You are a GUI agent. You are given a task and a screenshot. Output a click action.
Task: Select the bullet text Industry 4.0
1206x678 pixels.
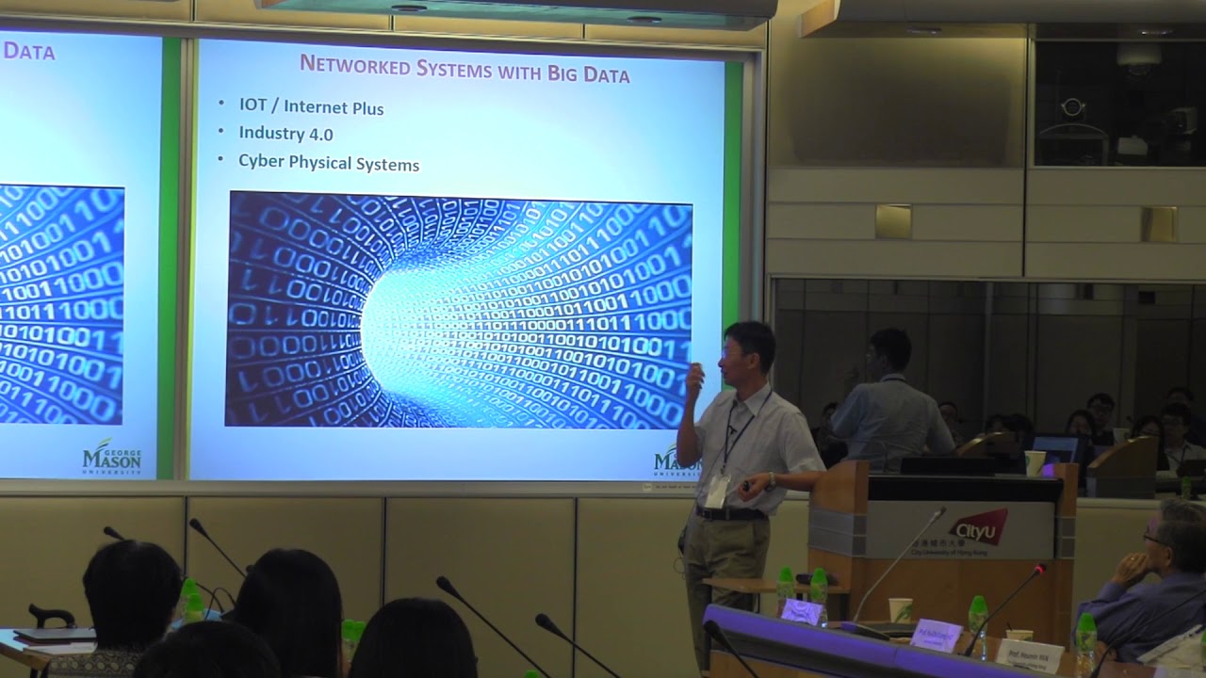285,134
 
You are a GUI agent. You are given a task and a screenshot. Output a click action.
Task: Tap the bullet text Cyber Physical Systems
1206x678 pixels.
328,163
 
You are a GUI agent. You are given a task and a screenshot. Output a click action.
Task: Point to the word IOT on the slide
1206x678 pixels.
253,105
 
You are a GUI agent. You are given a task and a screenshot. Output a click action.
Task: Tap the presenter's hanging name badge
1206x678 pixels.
717,490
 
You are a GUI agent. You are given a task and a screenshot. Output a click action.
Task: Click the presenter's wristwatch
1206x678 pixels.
771,481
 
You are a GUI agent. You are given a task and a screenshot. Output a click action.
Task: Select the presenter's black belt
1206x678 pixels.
730,513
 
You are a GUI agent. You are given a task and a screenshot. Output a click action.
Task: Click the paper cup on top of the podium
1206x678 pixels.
1035,462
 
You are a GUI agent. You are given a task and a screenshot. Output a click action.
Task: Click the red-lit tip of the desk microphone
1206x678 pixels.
1040,568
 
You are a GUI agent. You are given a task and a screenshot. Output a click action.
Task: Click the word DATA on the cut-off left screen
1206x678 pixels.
28,51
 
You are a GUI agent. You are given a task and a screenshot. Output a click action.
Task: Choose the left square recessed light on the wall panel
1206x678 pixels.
892,221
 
